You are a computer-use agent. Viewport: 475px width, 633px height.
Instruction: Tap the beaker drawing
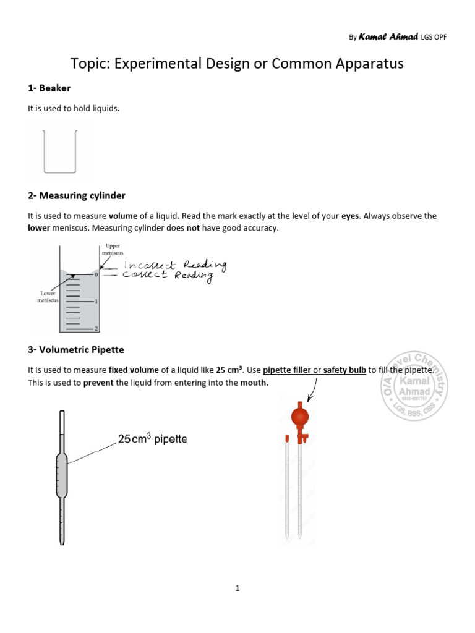[x=59, y=151]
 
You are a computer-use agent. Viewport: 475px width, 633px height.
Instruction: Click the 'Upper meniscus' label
[x=111, y=250]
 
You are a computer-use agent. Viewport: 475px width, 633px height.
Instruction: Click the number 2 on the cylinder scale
[x=96, y=328]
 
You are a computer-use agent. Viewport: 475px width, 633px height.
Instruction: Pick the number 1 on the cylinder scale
[x=96, y=301]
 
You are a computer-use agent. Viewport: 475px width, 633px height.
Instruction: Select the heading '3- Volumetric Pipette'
[x=75, y=350]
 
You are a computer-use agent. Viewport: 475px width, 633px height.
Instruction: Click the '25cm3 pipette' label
[x=152, y=440]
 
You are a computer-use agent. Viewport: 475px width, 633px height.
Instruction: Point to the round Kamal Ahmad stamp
[x=415, y=386]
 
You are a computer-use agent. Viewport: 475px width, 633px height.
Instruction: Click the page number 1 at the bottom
[x=237, y=588]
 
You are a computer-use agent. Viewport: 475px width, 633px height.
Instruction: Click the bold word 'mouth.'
[x=255, y=383]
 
